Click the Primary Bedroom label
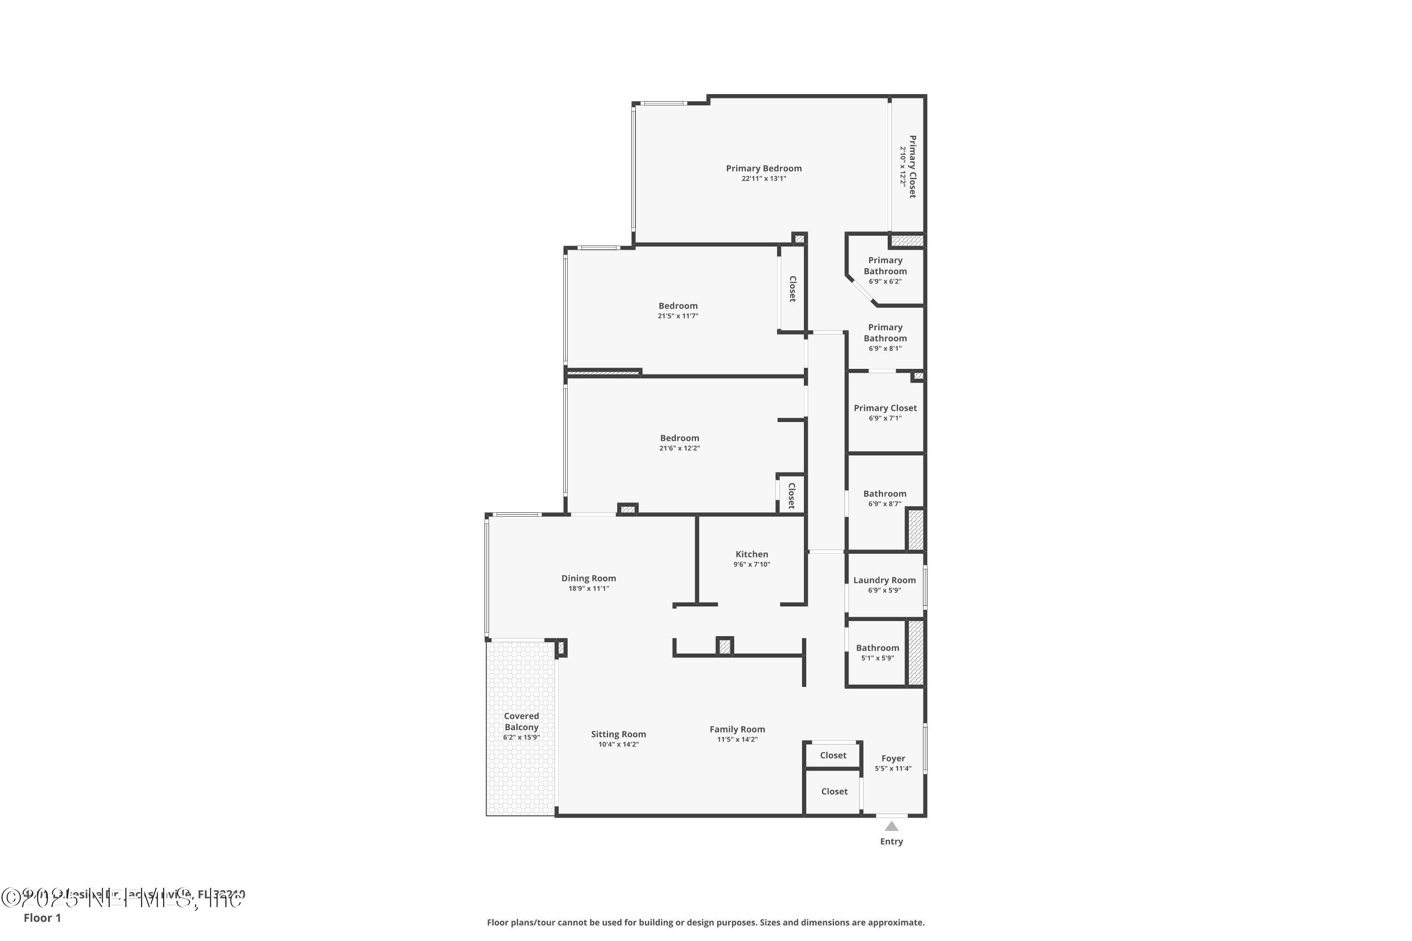click(x=763, y=168)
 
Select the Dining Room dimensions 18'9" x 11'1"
click(x=588, y=589)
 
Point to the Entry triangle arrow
click(x=891, y=826)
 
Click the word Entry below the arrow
click(x=891, y=841)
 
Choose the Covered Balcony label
click(x=521, y=721)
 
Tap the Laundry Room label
click(x=884, y=580)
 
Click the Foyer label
click(x=893, y=758)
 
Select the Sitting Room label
click(x=618, y=734)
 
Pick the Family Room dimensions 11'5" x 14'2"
click(x=737, y=739)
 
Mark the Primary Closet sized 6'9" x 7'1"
click(x=885, y=408)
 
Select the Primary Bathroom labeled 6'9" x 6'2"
click(x=885, y=266)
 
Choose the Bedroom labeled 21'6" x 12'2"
click(x=680, y=438)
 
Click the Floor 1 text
click(x=42, y=917)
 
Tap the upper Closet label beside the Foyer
click(x=833, y=756)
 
